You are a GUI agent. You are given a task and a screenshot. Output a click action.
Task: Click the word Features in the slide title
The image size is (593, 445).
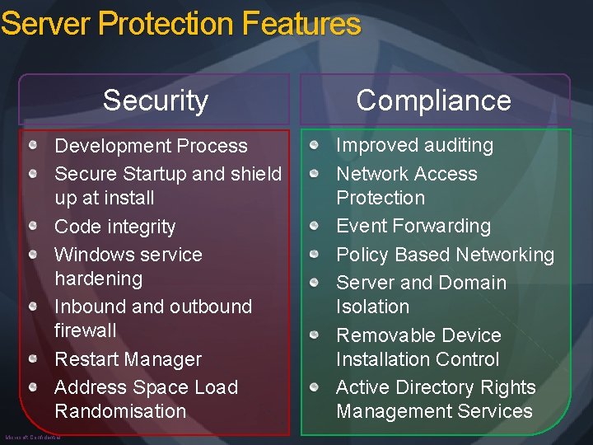(301, 24)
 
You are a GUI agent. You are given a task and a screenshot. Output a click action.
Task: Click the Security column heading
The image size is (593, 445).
(156, 101)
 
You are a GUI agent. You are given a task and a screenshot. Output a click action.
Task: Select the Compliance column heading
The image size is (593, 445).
(433, 101)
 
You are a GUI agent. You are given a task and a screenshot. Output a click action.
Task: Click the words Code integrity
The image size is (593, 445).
(114, 227)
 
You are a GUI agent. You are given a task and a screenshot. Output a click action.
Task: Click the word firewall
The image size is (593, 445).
(85, 330)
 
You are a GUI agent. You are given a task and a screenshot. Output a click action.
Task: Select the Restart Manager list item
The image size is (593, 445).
(128, 359)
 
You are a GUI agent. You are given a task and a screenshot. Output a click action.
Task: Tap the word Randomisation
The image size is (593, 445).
(120, 411)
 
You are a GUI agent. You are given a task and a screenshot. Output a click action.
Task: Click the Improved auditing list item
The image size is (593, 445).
(414, 145)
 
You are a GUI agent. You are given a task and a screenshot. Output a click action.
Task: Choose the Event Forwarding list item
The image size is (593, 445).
(413, 226)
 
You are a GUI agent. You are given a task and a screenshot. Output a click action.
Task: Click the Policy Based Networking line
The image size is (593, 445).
(445, 255)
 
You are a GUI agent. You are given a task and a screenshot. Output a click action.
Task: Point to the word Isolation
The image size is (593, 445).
(372, 307)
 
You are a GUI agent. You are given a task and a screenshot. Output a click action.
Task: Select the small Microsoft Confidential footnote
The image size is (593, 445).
(33, 438)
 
